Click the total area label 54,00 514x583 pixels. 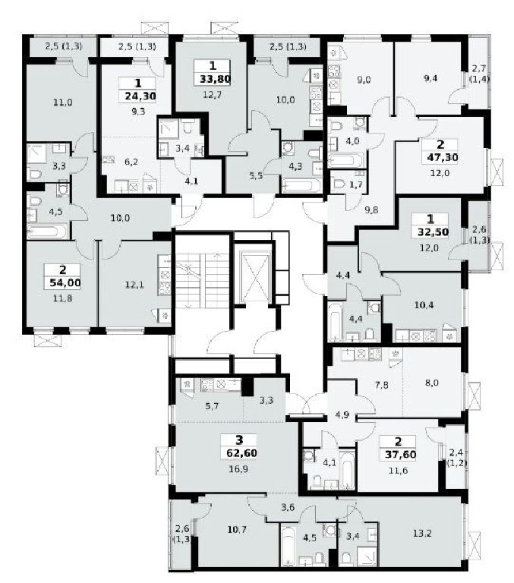65,283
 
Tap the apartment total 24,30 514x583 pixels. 140,96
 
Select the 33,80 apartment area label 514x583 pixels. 216,79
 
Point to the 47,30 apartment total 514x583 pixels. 442,157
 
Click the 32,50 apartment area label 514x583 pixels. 433,232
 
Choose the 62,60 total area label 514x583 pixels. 241,453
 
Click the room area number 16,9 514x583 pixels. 238,469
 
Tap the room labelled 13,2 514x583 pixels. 422,534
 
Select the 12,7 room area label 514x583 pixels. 213,95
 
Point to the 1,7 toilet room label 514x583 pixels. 356,184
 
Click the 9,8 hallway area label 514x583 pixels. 371,210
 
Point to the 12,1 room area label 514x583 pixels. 134,285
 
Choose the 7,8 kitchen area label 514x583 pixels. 382,385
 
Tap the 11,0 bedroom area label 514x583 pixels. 63,102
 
